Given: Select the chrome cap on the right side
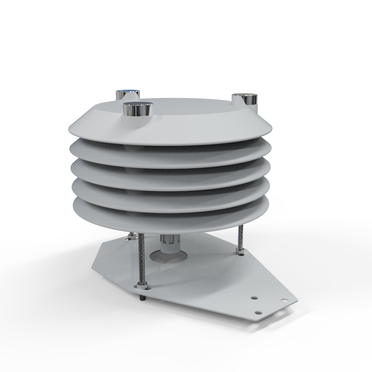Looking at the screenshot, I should pyautogui.click(x=246, y=100).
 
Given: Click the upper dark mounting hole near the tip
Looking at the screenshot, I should pyautogui.click(x=254, y=296).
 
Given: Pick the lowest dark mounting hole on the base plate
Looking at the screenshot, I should pyautogui.click(x=259, y=312).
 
